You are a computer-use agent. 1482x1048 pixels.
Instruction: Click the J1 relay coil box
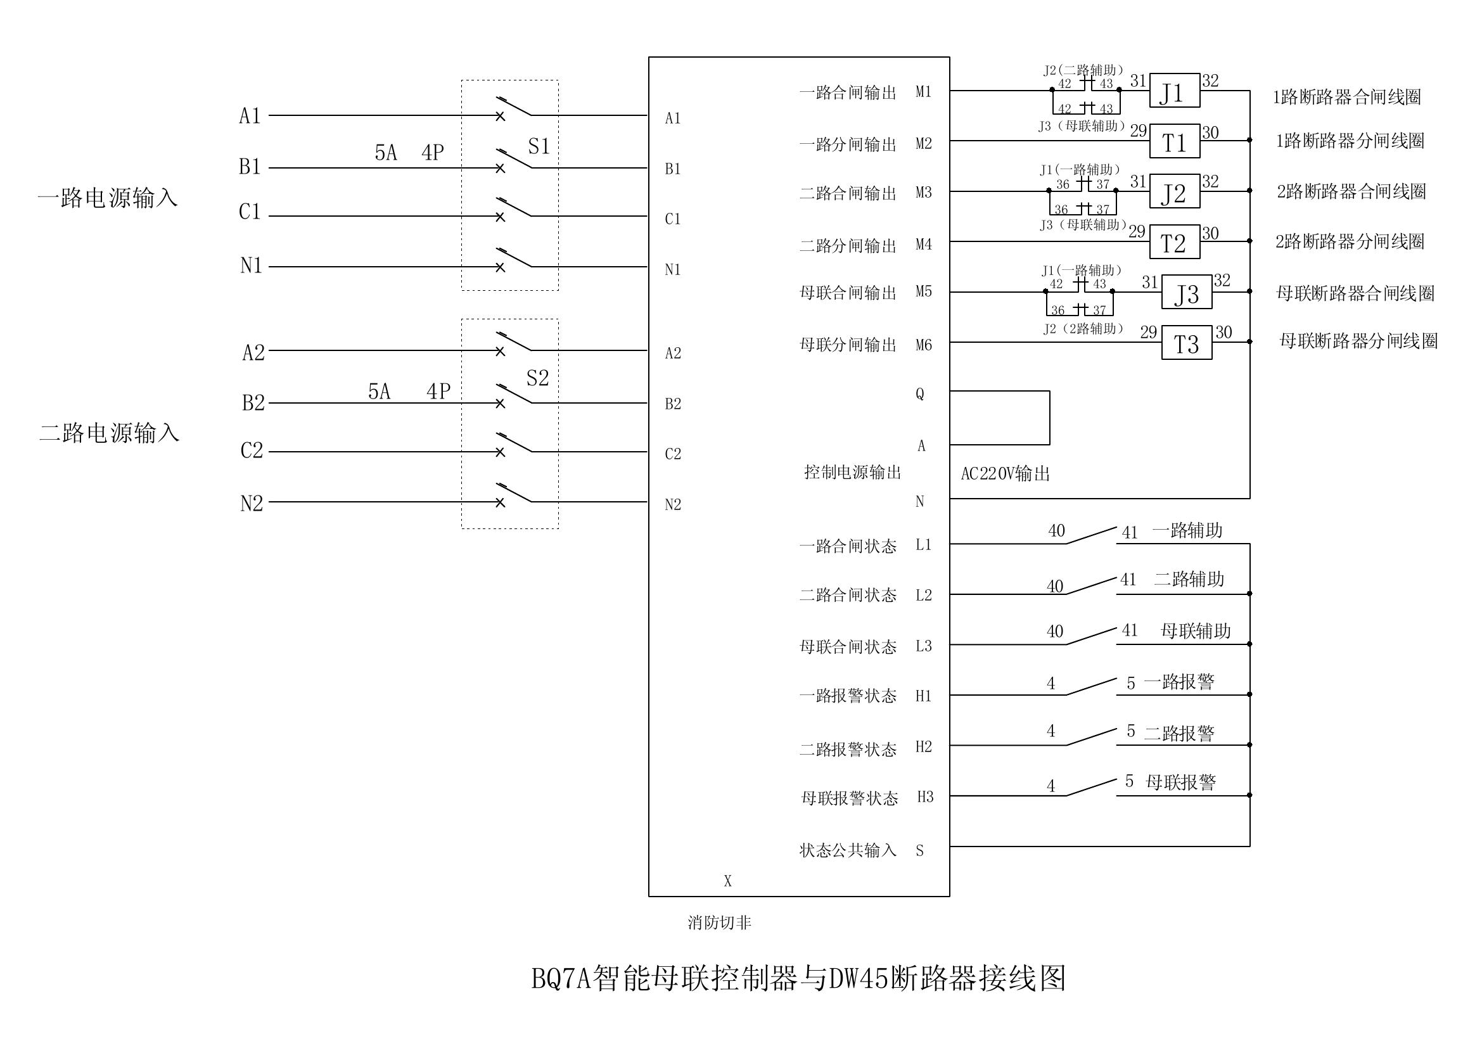1174,91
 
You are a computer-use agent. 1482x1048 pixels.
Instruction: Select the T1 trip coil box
1174,141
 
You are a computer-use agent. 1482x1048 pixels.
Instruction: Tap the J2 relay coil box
1174,191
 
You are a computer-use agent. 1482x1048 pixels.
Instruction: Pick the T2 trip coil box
1173,242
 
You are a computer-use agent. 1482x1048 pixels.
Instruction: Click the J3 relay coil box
1186,292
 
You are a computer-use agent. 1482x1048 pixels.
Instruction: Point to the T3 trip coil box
1186,343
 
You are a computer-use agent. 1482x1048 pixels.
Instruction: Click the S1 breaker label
539,146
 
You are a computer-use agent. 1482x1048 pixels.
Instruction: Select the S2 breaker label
537,378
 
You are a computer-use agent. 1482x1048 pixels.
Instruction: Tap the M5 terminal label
924,291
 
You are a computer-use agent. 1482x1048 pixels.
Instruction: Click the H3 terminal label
925,797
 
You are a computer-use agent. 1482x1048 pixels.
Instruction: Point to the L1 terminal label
924,545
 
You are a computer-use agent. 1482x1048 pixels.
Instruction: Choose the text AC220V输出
1005,475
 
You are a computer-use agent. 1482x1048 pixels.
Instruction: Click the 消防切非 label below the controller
719,923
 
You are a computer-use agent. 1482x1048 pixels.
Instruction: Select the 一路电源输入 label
108,198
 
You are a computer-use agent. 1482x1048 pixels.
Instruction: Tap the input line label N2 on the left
252,503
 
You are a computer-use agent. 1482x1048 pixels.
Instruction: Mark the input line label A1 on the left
250,116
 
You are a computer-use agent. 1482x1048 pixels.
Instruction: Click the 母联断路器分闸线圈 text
1358,341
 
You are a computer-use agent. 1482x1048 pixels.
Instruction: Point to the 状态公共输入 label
848,850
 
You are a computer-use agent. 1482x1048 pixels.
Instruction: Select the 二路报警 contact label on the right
1179,733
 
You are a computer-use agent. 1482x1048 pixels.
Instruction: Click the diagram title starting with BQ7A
798,979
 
